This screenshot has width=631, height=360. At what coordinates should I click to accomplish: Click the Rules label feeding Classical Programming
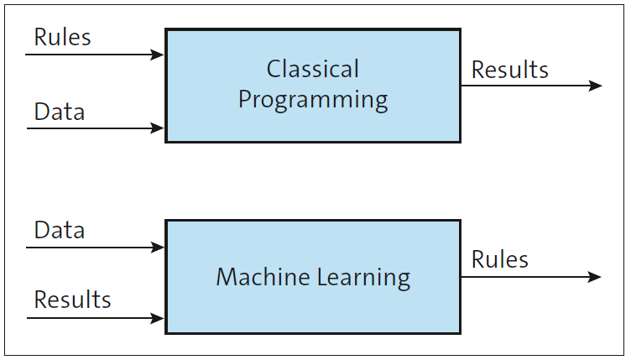click(62, 37)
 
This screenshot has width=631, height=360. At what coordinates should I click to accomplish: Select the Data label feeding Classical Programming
click(59, 112)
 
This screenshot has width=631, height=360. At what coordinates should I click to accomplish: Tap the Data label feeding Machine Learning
click(59, 230)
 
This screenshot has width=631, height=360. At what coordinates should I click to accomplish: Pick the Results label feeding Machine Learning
click(72, 300)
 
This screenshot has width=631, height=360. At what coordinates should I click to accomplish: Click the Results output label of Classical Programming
click(510, 70)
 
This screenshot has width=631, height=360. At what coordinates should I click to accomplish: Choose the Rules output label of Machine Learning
click(500, 259)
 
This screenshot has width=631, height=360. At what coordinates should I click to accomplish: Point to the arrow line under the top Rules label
click(92, 55)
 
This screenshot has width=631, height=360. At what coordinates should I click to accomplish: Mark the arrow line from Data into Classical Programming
click(92, 128)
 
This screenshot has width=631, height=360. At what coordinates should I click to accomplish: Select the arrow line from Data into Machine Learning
click(92, 248)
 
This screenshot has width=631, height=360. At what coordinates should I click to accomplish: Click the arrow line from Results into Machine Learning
click(92, 318)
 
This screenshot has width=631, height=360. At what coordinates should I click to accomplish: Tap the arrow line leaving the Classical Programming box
click(529, 86)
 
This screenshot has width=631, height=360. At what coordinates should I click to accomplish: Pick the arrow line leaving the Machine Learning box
click(529, 277)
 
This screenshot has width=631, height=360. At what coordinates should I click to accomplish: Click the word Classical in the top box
click(312, 69)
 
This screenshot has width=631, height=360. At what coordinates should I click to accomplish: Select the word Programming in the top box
click(312, 100)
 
